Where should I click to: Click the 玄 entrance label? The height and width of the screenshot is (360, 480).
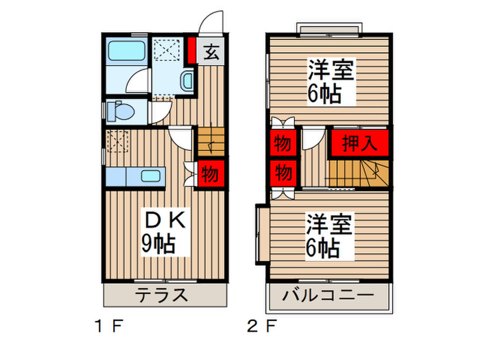coord(211,51)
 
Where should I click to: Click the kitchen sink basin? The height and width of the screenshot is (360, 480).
coord(151,176)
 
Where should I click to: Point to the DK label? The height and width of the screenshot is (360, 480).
coord(165,219)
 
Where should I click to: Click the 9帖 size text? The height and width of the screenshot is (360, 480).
coord(158,243)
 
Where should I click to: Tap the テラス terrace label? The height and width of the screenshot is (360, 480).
coord(161,295)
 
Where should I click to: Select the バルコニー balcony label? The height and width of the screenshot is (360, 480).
coord(328,296)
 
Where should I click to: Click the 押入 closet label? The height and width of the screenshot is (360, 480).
coord(359,143)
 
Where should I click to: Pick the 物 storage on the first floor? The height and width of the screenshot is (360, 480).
coord(210,174)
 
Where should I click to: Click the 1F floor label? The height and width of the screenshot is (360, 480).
coord(109,326)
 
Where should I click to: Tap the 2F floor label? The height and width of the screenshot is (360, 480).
coord(262,326)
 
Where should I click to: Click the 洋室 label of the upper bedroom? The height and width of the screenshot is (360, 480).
coord(331,70)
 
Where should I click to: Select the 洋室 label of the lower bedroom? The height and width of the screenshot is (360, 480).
coord(330,224)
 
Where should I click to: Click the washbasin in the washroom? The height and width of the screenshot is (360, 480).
coord(187,80)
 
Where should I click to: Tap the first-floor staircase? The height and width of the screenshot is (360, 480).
coord(211,142)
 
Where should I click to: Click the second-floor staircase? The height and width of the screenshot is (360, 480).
coord(359,173)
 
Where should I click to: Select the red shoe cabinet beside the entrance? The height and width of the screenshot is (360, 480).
coord(191,50)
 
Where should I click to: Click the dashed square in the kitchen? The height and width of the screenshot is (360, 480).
coord(117,141)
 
